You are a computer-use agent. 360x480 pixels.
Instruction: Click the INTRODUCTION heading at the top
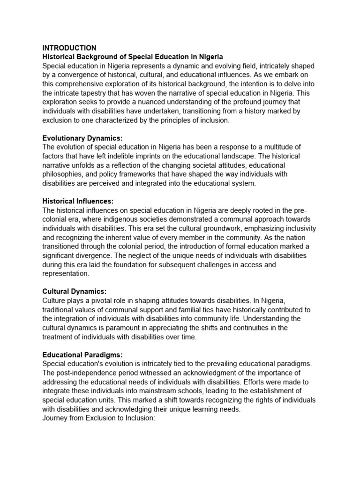tap(69, 48)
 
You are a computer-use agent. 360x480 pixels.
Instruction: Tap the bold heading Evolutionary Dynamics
tap(82, 138)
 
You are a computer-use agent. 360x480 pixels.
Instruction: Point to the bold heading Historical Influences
tap(78, 201)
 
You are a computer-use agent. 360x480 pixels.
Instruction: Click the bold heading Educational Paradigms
tap(82, 354)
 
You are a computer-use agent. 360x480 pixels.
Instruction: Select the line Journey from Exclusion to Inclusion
tap(98, 418)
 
